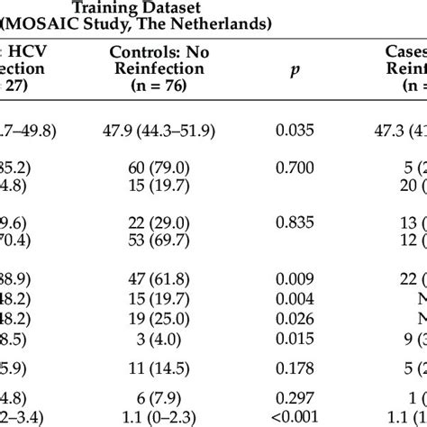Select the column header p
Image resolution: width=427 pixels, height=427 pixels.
point(292,90)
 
